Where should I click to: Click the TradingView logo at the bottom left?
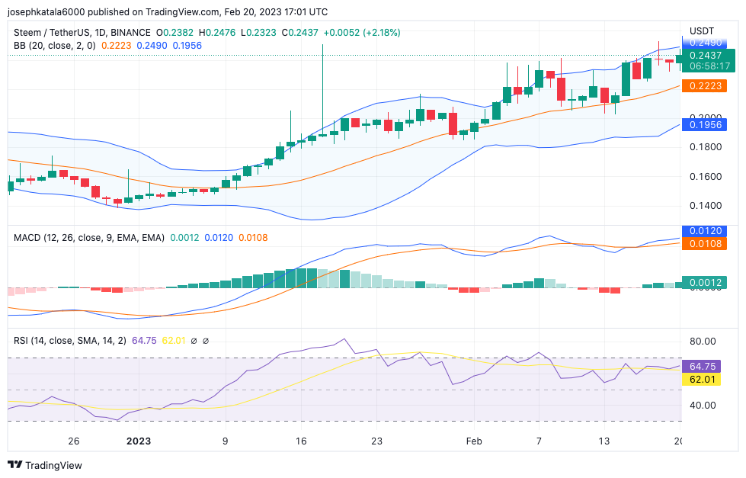point(45,465)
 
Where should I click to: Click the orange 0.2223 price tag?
point(705,86)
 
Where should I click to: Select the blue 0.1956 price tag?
point(705,124)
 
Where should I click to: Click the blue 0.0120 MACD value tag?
point(705,230)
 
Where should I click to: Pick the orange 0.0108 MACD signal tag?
point(705,244)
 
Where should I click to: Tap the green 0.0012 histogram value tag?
point(705,283)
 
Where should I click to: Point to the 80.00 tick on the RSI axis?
point(702,341)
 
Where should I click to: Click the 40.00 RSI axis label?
point(702,405)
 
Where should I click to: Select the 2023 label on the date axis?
point(139,441)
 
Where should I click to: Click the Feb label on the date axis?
point(474,441)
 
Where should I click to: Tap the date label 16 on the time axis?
point(301,441)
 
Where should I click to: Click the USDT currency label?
point(701,30)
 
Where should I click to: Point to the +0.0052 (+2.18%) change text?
point(361,33)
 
